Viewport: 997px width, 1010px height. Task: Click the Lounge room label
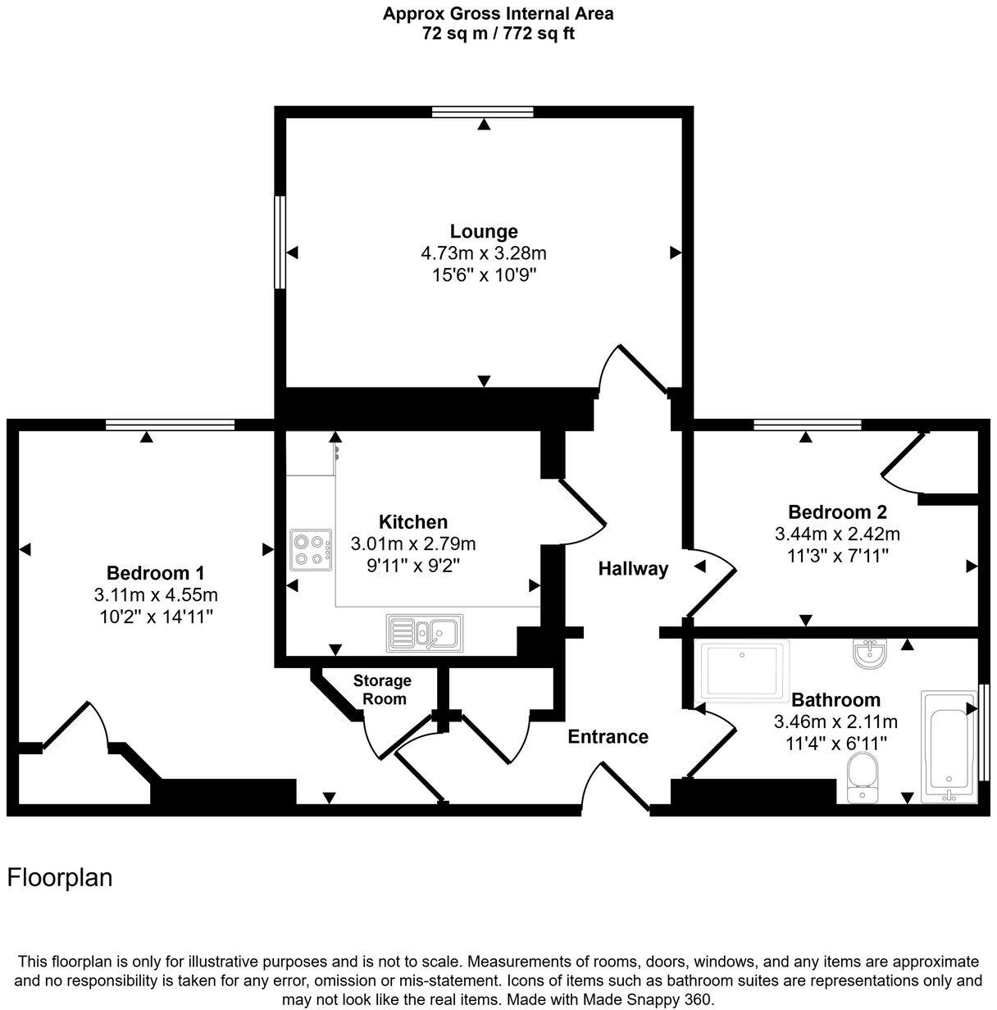click(x=484, y=231)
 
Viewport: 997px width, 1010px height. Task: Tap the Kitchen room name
click(x=413, y=521)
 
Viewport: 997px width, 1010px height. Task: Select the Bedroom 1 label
click(x=156, y=572)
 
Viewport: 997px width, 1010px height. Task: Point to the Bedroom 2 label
click(x=837, y=512)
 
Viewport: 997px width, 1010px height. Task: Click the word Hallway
click(x=633, y=568)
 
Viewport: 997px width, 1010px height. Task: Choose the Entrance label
click(x=608, y=736)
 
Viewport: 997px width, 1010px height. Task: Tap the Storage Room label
click(x=383, y=689)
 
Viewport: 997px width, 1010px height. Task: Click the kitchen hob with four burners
click(x=312, y=550)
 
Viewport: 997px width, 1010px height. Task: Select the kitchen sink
click(x=424, y=632)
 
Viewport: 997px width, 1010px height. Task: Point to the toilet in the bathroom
click(x=862, y=777)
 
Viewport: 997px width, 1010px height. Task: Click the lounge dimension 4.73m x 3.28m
click(x=484, y=253)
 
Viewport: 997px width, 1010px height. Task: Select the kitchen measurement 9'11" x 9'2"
click(x=413, y=565)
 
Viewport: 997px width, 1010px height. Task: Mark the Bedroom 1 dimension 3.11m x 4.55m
click(x=156, y=594)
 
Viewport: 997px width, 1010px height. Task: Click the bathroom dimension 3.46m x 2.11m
click(x=835, y=722)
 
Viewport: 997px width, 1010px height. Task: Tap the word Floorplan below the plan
click(x=60, y=878)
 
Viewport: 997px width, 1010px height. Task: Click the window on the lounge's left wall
click(x=280, y=242)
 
